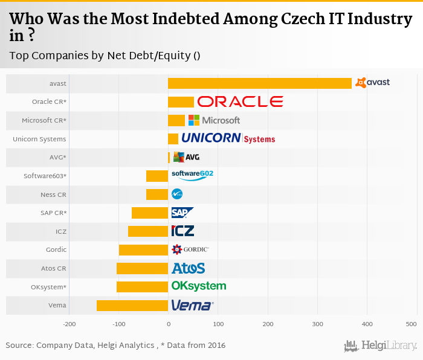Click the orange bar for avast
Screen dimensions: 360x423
point(260,83)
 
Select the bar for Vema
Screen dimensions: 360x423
point(132,306)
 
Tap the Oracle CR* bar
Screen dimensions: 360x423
point(181,102)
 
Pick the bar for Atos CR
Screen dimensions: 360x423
point(142,268)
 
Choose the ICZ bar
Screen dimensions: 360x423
point(148,231)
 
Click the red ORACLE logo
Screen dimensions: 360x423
point(240,101)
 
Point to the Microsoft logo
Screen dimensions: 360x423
point(214,120)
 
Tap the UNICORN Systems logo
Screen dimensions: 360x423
point(228,138)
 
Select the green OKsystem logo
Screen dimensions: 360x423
point(199,286)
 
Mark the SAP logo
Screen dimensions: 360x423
point(182,213)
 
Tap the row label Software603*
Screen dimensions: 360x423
point(45,176)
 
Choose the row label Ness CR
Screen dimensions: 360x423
point(53,194)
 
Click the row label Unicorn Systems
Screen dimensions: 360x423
point(39,139)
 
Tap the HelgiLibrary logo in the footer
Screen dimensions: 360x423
point(380,346)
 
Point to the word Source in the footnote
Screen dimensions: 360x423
point(19,346)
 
